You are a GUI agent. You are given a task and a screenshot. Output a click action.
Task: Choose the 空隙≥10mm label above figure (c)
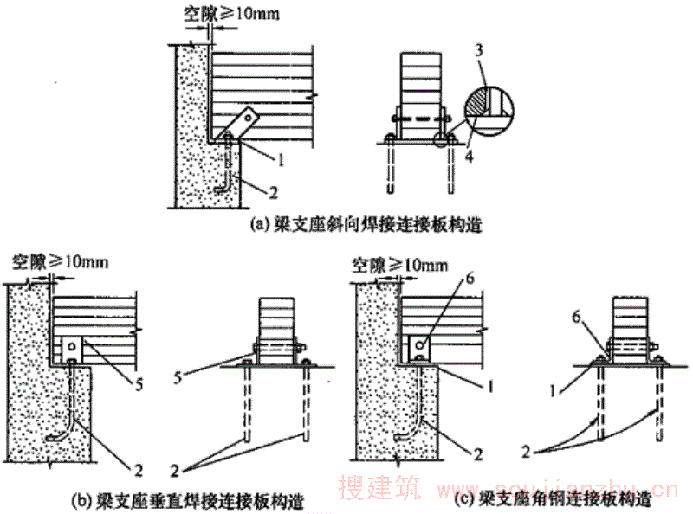pos(399,260)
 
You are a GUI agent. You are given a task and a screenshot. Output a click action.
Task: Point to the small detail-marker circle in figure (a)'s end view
pos(442,139)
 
